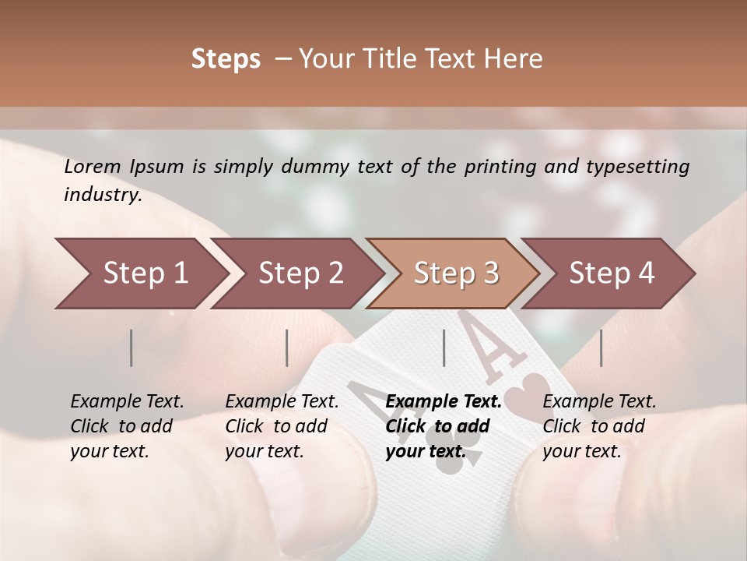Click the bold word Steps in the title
(226, 59)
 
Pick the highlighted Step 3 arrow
(451, 273)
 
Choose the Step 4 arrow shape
(607, 273)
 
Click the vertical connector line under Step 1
(132, 348)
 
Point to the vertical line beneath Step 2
(287, 348)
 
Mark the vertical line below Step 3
(444, 348)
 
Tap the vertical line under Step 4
(601, 348)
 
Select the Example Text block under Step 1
(126, 426)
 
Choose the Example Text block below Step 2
(281, 426)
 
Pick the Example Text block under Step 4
(598, 426)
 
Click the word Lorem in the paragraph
(93, 167)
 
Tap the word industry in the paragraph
(102, 195)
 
